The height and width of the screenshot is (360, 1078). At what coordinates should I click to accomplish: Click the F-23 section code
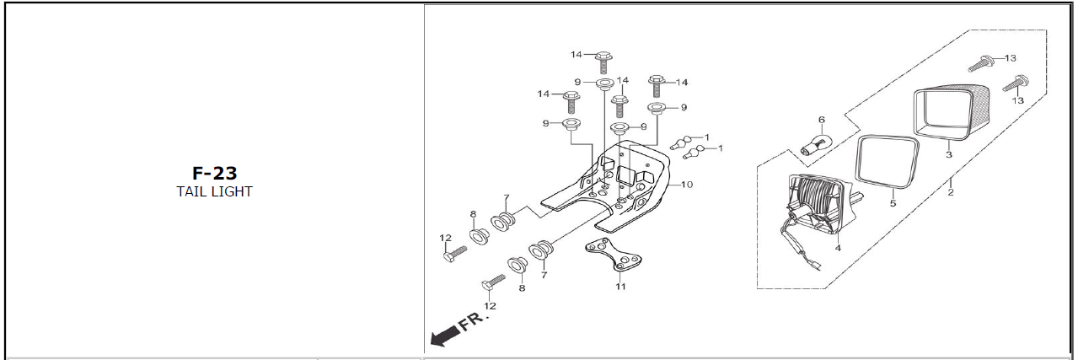(x=215, y=174)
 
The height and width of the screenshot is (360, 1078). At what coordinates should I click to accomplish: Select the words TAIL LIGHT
(x=214, y=191)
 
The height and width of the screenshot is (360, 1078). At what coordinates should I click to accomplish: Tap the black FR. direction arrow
(x=443, y=336)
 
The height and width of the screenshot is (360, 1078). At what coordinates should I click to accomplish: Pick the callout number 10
(x=687, y=185)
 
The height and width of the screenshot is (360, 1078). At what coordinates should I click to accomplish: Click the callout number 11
(x=621, y=287)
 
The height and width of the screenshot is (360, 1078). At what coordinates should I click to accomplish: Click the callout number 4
(x=838, y=249)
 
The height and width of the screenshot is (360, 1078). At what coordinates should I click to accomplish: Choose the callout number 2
(x=951, y=192)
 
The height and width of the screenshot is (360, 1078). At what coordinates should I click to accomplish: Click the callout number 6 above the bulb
(x=822, y=120)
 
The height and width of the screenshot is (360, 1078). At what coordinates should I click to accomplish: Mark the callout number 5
(x=893, y=203)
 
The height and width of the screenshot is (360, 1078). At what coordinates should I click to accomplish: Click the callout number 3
(x=948, y=154)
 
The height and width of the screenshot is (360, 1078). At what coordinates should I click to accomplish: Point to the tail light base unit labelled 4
(x=818, y=207)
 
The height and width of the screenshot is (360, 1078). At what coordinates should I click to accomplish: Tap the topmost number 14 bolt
(x=603, y=62)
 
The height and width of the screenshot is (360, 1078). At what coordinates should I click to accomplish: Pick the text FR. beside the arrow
(x=473, y=321)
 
